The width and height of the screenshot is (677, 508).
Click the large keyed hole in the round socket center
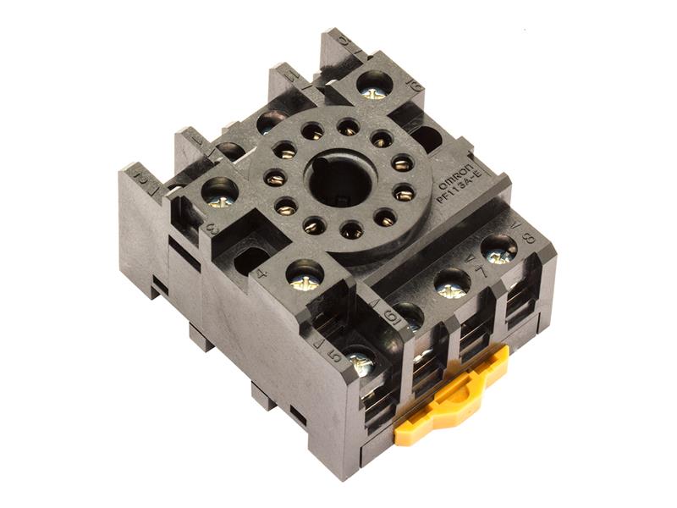tap(341, 179)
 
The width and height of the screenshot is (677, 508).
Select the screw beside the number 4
tap(305, 275)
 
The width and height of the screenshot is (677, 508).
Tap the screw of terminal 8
tap(498, 250)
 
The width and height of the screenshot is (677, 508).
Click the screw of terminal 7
tap(453, 284)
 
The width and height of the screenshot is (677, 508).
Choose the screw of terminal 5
tap(360, 360)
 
